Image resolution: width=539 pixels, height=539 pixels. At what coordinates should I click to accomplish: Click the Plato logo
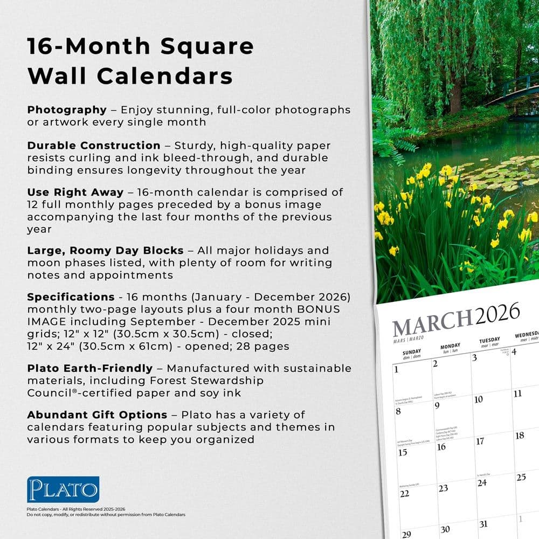pos(63,489)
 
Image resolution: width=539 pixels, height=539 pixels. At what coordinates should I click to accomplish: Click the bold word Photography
pos(67,110)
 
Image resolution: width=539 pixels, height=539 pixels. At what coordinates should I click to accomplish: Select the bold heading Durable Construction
pos(94,146)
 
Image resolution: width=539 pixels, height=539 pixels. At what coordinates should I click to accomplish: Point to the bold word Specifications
pos(71,297)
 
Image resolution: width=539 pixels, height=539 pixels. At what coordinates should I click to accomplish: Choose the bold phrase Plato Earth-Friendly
pos(90,369)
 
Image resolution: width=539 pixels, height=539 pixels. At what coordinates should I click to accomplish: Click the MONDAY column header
pos(450,347)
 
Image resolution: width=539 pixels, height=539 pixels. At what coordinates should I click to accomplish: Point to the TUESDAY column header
pos(490,341)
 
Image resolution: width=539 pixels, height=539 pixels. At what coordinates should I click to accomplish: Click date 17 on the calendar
pos(480,441)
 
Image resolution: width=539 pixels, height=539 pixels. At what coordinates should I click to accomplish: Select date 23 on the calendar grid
pos(443,488)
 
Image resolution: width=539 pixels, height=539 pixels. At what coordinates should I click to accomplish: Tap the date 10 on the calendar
pos(478,399)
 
